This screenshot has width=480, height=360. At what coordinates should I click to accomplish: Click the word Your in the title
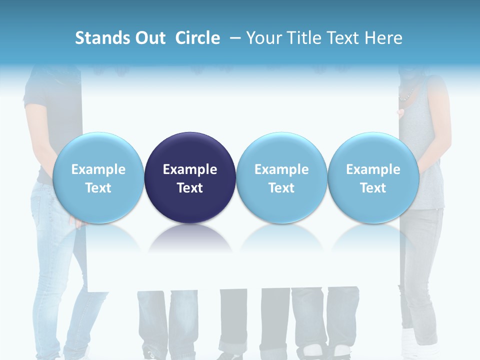263,38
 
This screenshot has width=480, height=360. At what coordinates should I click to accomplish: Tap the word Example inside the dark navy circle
190,169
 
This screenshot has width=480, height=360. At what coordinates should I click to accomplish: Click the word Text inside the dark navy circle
190,188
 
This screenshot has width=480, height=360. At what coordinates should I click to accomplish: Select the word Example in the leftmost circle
98,169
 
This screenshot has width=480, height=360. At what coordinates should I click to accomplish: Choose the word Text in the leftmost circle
98,188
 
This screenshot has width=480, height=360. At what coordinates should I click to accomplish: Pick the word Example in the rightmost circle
373,169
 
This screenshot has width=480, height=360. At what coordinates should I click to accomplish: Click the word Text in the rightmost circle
373,188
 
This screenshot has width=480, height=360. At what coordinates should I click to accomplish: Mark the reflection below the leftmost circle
98,238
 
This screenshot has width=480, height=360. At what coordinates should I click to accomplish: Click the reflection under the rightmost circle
373,238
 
